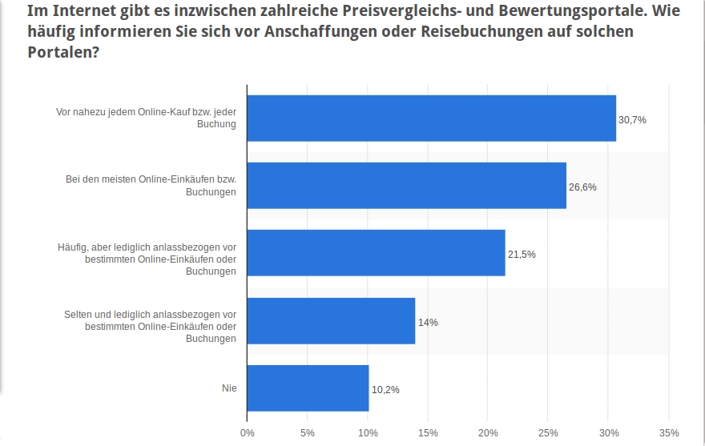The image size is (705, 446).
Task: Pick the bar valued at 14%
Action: [x=331, y=321]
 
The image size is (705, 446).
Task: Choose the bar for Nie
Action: [x=308, y=388]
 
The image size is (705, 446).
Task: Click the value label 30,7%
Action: [x=631, y=119]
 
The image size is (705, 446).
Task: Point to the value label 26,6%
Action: [x=582, y=187]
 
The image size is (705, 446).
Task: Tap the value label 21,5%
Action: [x=522, y=255]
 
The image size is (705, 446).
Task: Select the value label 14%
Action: [x=428, y=322]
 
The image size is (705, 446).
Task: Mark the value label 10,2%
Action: [x=385, y=390]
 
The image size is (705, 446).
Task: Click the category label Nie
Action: [x=229, y=389]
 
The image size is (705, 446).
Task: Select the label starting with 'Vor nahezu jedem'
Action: [x=146, y=119]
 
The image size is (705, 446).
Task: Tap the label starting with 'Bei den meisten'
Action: [x=151, y=186]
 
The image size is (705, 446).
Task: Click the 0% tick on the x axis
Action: [x=248, y=433]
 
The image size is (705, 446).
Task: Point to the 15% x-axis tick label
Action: [x=427, y=433]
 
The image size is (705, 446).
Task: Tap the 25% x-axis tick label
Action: [x=547, y=433]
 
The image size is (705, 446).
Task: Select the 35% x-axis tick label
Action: [x=667, y=433]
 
